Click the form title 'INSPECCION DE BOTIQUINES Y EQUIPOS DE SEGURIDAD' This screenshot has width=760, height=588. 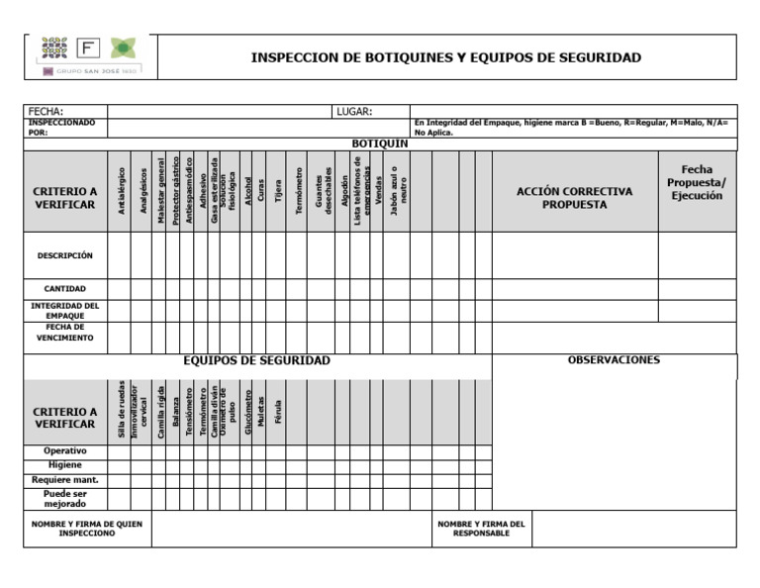[x=445, y=57]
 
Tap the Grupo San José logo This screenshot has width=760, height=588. [x=89, y=55]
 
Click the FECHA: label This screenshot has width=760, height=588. [x=47, y=112]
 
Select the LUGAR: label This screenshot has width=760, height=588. [x=353, y=112]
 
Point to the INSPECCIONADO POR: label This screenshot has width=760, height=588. [x=61, y=128]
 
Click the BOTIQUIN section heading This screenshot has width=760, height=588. [x=380, y=144]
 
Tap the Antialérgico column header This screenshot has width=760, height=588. [x=121, y=191]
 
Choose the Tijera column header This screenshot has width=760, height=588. [x=278, y=191]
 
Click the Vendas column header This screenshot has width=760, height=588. [x=378, y=191]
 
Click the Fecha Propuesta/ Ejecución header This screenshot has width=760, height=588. [x=697, y=183]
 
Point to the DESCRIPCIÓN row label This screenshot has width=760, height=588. [x=64, y=255]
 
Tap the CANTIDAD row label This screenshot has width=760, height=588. [x=64, y=289]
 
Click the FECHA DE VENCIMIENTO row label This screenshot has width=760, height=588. [x=64, y=333]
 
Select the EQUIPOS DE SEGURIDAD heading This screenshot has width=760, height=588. [x=257, y=360]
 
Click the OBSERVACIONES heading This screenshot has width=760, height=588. [x=614, y=360]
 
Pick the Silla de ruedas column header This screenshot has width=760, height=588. [x=121, y=410]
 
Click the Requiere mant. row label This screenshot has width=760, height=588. [x=64, y=480]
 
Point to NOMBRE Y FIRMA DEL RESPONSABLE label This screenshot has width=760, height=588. [x=481, y=529]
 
